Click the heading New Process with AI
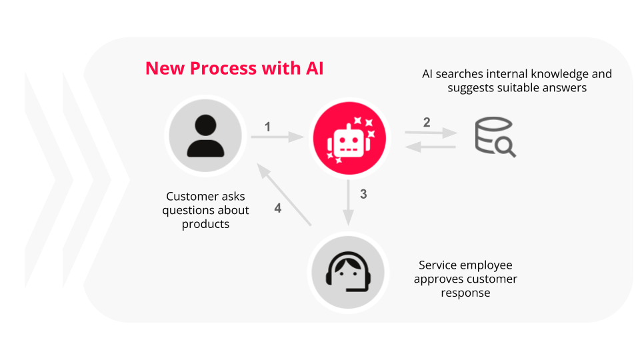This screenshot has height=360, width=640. click(x=234, y=68)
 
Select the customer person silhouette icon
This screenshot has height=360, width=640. click(x=205, y=136)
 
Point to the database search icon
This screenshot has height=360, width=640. click(x=494, y=137)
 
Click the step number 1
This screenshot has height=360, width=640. click(x=267, y=126)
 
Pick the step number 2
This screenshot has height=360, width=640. click(x=427, y=122)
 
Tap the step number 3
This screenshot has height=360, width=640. click(x=363, y=195)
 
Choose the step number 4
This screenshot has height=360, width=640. click(x=278, y=208)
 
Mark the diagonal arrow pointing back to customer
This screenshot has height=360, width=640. click(x=286, y=195)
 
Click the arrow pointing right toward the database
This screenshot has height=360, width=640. click(x=431, y=133)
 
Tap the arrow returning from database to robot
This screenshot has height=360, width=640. click(x=431, y=147)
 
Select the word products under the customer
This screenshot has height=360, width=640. click(x=205, y=224)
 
